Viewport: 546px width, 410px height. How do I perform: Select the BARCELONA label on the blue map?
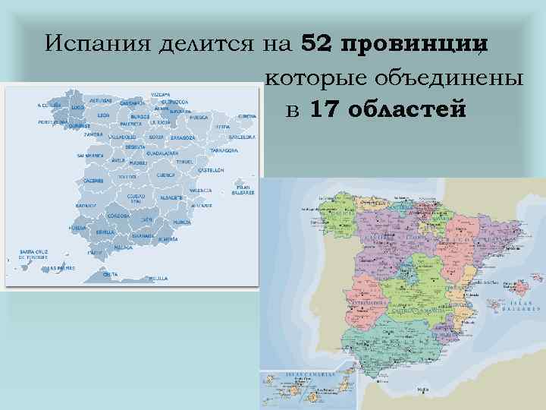pyautogui.click(x=241, y=138)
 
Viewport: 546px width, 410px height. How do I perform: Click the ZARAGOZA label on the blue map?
pyautogui.click(x=183, y=138)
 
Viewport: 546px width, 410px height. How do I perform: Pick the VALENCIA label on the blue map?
pyautogui.click(x=200, y=190)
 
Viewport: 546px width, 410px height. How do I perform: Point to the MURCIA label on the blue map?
pyautogui.click(x=181, y=222)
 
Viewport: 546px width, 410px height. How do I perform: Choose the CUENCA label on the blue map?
pyautogui.click(x=165, y=175)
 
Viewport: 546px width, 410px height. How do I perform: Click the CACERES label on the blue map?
pyautogui.click(x=93, y=181)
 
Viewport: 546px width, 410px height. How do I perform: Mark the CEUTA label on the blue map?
pyautogui.click(x=110, y=273)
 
